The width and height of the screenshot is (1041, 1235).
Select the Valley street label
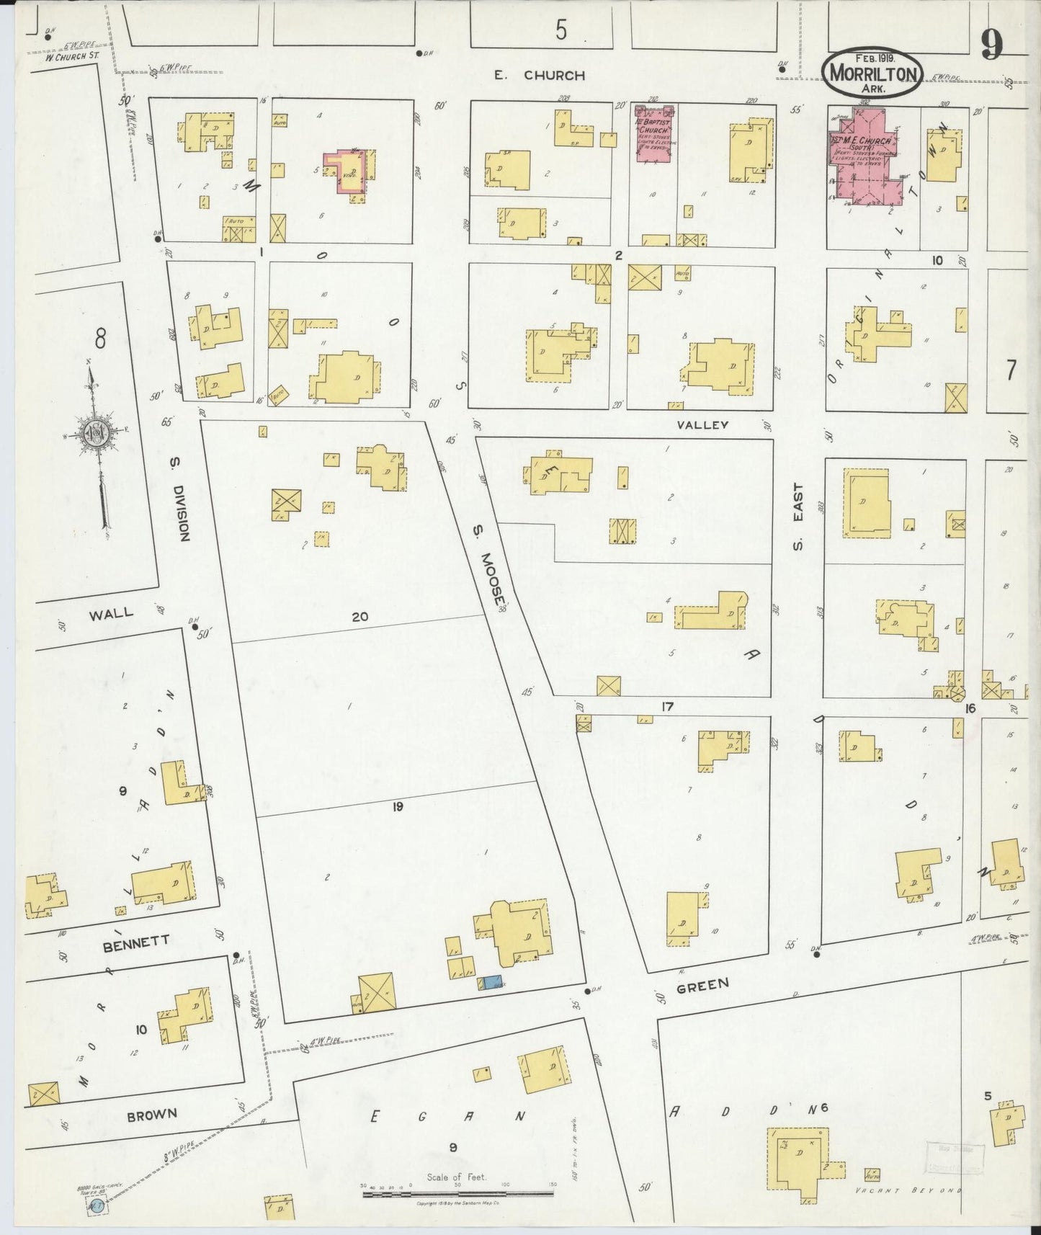point(704,425)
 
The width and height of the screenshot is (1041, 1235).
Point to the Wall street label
point(111,613)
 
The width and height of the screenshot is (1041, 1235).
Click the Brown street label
point(152,1114)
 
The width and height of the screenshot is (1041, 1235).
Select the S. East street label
point(798,526)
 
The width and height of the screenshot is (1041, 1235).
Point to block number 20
point(360,616)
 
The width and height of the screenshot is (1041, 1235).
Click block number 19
point(398,807)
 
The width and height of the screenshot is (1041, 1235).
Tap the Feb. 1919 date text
point(874,58)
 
